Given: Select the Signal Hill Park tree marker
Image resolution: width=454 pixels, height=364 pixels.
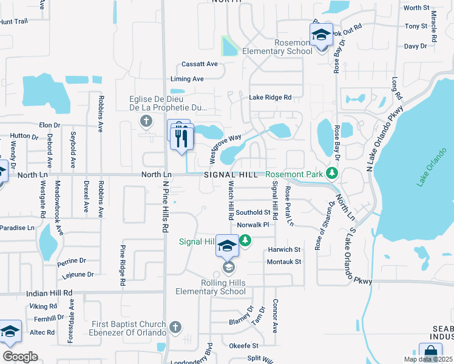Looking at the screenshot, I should [245, 241].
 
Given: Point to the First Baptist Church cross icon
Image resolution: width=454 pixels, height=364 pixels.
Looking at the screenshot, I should [175, 328].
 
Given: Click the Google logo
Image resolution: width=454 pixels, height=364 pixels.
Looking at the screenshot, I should [20, 357].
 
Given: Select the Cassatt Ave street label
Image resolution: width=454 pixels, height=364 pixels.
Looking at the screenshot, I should [200, 64].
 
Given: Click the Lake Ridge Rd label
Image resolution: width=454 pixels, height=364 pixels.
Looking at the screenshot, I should [270, 97].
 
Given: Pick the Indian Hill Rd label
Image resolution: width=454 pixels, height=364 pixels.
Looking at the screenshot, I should [49, 293].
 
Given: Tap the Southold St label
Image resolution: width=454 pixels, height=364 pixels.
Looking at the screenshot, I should [253, 212].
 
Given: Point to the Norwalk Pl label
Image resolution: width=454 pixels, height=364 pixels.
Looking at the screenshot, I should [252, 225].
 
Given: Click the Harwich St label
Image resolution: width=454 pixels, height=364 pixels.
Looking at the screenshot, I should [285, 249].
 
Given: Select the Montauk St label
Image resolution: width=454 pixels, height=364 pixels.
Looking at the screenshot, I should [285, 261].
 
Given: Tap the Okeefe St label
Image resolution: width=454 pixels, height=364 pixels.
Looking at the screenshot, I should [243, 346].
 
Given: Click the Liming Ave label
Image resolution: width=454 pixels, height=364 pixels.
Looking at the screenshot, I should [187, 79].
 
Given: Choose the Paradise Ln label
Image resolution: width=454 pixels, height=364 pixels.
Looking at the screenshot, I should [18, 227].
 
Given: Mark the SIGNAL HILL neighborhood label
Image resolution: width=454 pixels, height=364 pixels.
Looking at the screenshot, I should [226, 175].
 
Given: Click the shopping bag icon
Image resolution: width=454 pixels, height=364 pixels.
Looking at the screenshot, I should [430, 352].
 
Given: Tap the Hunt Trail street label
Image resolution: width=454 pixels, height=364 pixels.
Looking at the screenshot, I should [14, 21].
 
